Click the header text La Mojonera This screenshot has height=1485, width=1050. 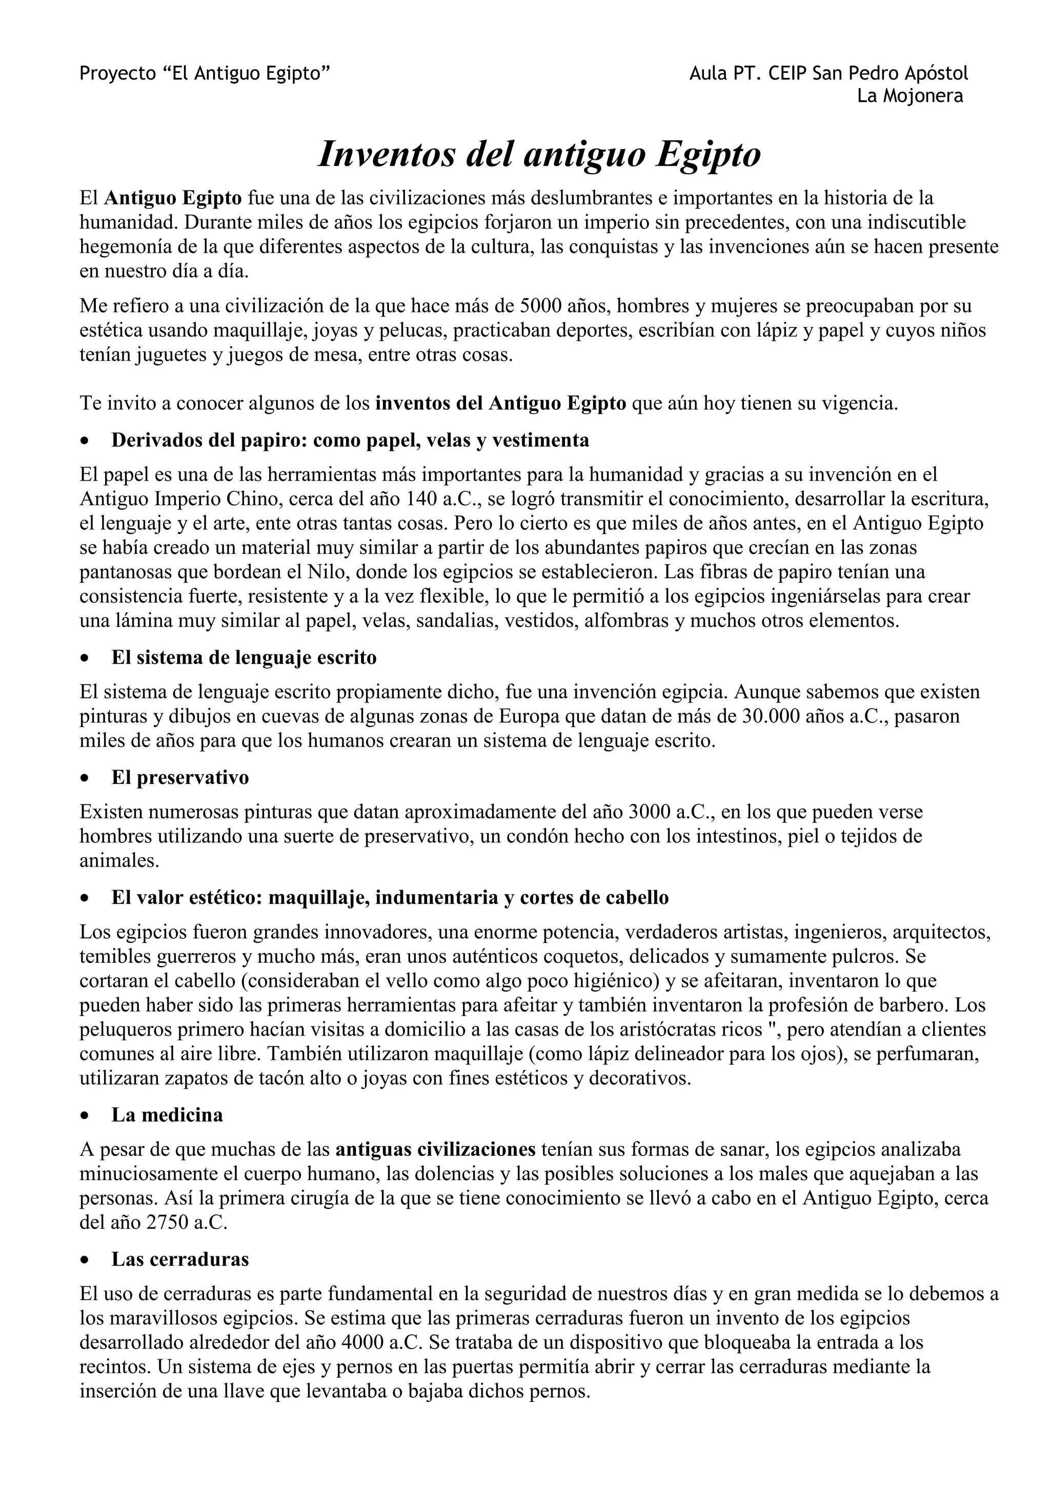[x=910, y=96]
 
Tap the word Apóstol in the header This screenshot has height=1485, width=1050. [x=937, y=74]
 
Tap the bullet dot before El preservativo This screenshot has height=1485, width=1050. [x=84, y=778]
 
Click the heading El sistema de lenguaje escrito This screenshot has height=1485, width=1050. [x=244, y=658]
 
